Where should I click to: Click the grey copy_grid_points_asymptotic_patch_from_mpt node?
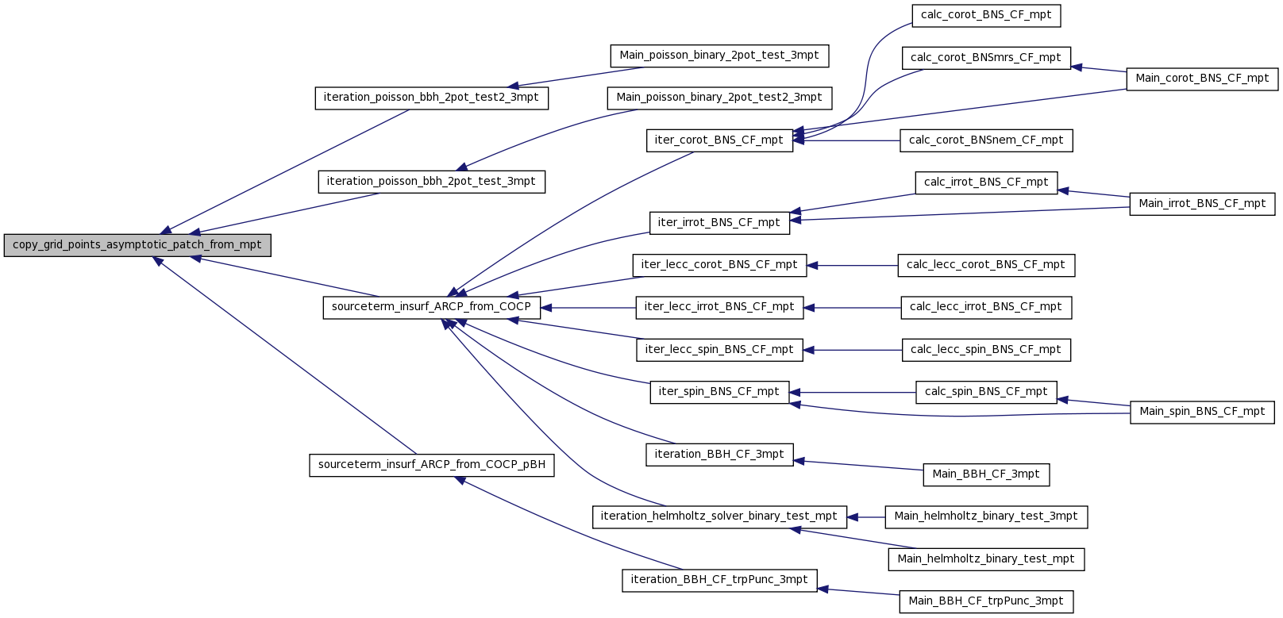click(x=137, y=245)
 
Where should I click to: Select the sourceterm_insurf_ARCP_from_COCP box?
click(x=431, y=308)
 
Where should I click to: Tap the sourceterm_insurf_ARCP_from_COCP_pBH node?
click(x=431, y=465)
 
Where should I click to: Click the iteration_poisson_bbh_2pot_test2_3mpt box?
click(x=431, y=98)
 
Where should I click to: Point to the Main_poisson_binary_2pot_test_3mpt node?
click(x=719, y=56)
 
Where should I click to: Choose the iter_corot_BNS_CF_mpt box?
click(x=719, y=140)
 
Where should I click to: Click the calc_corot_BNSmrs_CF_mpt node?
click(x=986, y=59)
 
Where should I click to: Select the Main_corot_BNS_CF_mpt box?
click(x=1202, y=79)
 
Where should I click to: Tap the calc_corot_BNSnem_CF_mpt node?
click(x=986, y=140)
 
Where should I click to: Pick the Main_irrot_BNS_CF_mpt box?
click(x=1202, y=205)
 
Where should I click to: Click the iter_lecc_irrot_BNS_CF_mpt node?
click(x=719, y=308)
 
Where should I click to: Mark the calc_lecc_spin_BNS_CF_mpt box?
click(x=986, y=350)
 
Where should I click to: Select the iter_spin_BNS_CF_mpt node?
click(x=719, y=393)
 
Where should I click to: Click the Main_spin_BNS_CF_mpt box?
click(x=1202, y=413)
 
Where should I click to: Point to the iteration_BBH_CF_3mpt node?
click(x=719, y=455)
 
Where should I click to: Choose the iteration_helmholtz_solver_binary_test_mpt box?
click(x=719, y=517)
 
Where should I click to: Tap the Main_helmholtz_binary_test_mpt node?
click(x=986, y=559)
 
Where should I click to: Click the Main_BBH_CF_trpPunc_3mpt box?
click(x=986, y=602)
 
